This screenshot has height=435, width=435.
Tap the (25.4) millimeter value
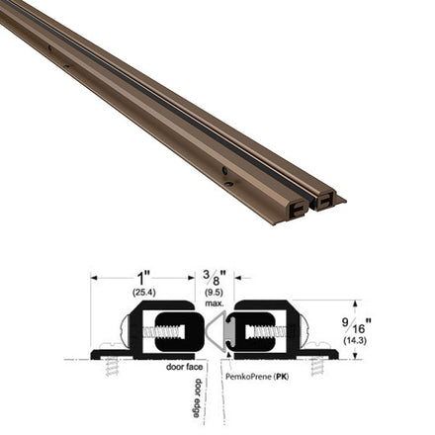(144, 292)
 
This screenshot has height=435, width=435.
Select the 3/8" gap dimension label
(215, 279)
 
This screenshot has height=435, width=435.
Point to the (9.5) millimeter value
(215, 292)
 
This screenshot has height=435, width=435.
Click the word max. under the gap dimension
(215, 303)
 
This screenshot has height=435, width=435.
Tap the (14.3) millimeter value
(355, 341)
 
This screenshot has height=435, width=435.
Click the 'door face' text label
(184, 367)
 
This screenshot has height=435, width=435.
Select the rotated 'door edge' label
(197, 397)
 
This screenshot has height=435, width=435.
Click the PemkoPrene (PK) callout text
(257, 377)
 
